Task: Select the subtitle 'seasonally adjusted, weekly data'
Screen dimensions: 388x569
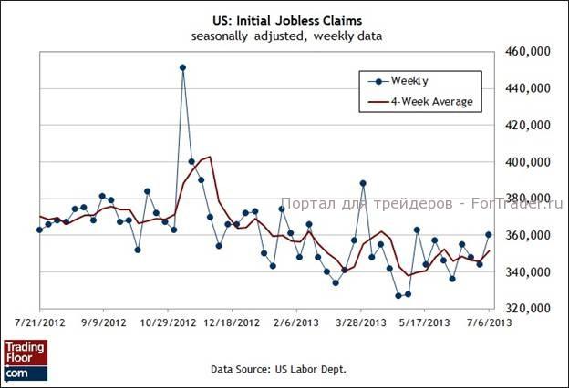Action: (285, 36)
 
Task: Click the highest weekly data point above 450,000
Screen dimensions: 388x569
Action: (183, 67)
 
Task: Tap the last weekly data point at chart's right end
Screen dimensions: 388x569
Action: (489, 235)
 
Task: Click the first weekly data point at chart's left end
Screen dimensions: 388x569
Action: (39, 230)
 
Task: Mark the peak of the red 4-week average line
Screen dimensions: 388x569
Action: (210, 157)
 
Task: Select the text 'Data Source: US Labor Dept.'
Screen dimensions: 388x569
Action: (279, 370)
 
